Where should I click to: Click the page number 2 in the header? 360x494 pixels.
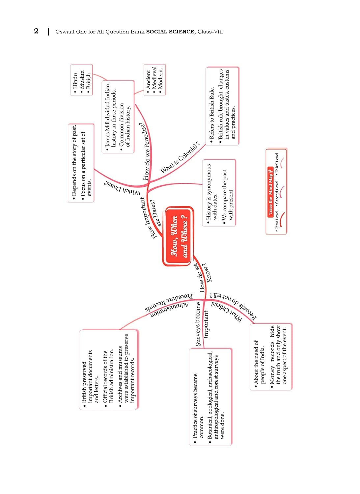coord(36,31)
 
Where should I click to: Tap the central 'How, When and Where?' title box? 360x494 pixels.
coord(179,236)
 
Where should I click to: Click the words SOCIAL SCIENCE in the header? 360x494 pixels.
coord(171,32)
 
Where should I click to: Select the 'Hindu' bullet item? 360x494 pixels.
coord(75,81)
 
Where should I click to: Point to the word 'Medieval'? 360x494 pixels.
coord(154,78)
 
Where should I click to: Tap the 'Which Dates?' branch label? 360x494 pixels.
coord(122,188)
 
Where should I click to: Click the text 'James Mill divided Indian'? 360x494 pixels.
coord(107,115)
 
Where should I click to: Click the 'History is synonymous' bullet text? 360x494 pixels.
coord(208,192)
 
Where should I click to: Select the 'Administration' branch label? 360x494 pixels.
coord(170,311)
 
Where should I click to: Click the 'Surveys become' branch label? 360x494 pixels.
coord(198,324)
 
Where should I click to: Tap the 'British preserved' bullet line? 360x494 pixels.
coord(84,382)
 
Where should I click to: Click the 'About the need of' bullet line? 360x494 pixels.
coord(256,362)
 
